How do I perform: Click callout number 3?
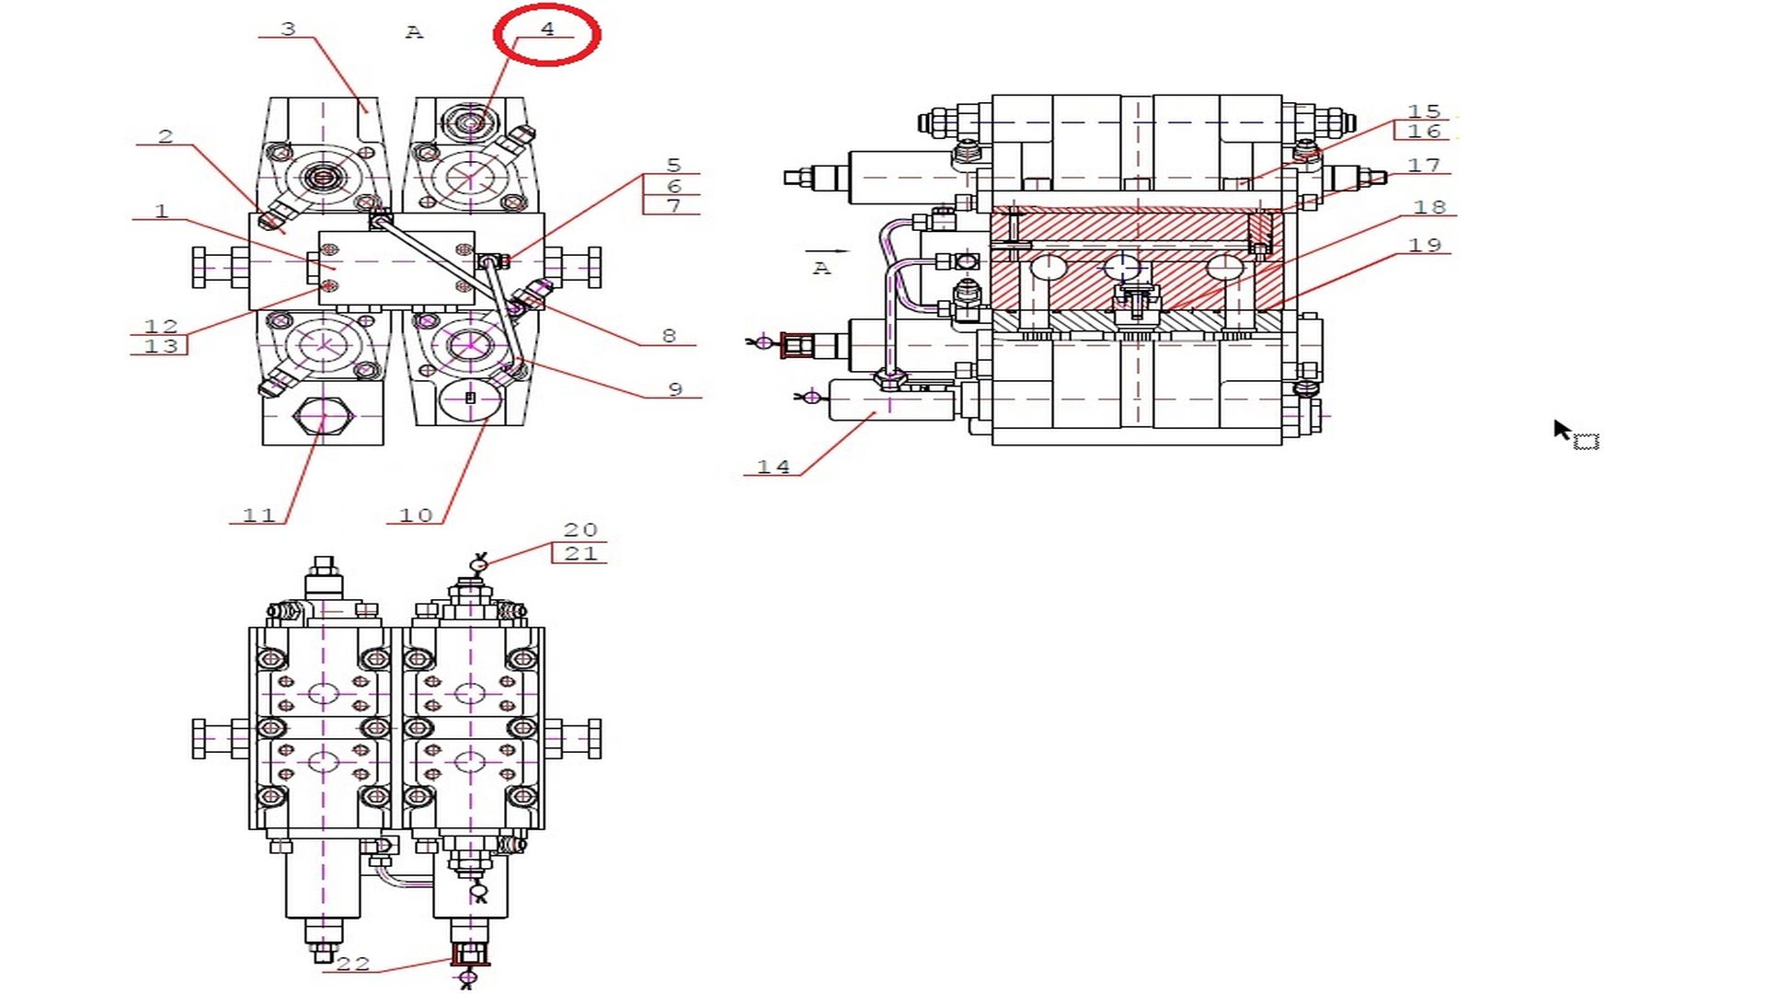tap(288, 29)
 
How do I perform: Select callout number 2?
tap(166, 136)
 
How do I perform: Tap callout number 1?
tap(162, 211)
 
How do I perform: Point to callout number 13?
tap(161, 346)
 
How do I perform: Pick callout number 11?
tap(258, 515)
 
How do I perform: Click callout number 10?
tap(416, 515)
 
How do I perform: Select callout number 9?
tap(675, 389)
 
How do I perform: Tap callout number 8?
tap(669, 336)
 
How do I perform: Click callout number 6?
tap(674, 186)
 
